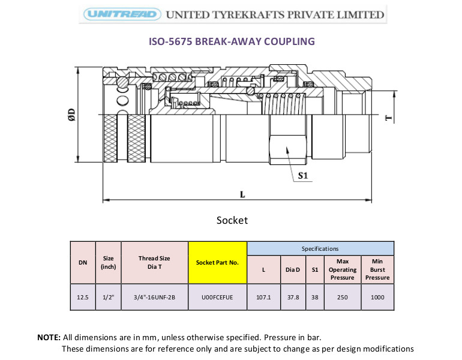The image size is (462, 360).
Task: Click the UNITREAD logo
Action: (122, 14)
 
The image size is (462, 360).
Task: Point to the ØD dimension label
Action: (71, 115)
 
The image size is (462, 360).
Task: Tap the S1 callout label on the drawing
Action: (303, 176)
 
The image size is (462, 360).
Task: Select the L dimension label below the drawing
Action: (242, 194)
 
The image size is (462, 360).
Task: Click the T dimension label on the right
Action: (389, 118)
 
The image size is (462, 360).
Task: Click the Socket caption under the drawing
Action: (232, 220)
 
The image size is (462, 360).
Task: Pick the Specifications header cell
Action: (320, 248)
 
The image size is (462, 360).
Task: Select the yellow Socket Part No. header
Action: (217, 262)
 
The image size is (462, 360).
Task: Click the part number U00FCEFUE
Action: (217, 297)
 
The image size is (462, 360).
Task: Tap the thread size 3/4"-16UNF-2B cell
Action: (154, 297)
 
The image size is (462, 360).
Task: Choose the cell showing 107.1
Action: (263, 297)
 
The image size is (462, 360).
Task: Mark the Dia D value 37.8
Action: (293, 297)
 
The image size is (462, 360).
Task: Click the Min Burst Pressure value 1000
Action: (377, 297)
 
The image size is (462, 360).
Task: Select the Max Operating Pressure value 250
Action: (343, 297)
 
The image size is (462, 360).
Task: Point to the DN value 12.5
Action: (83, 297)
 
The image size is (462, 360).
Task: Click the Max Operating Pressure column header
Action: (343, 269)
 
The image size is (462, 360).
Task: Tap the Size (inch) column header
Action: (108, 262)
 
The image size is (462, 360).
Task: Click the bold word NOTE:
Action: (49, 337)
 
